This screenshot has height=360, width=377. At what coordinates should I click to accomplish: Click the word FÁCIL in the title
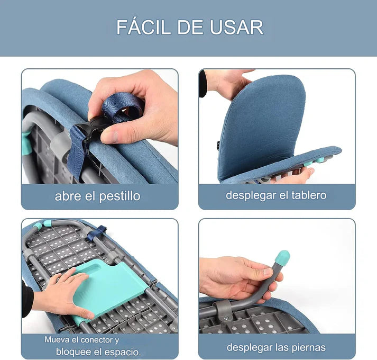[144, 26]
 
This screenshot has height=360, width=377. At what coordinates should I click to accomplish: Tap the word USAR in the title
[236, 27]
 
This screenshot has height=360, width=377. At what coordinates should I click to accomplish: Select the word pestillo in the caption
[119, 196]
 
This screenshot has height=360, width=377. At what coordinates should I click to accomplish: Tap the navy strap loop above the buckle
[123, 107]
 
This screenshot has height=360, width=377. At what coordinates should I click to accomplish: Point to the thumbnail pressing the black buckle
[109, 137]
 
